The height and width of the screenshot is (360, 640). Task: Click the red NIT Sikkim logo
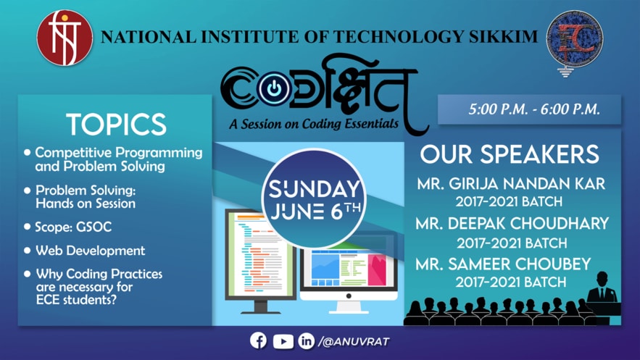65,38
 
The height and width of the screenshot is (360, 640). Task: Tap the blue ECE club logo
575,41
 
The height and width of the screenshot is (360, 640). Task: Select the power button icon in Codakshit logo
274,87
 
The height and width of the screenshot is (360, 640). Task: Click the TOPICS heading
117,124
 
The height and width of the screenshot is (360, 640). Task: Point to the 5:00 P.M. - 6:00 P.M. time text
534,109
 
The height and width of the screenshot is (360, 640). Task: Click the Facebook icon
258,340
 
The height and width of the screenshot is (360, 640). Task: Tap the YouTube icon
283,341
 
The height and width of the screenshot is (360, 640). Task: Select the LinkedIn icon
306,341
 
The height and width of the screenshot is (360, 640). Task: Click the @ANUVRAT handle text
354,342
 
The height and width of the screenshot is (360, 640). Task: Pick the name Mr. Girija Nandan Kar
511,184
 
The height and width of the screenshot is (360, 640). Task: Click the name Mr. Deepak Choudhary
512,223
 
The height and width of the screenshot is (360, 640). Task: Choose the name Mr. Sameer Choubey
503,264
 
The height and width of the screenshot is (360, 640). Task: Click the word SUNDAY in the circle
314,189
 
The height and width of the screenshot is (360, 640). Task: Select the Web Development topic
90,251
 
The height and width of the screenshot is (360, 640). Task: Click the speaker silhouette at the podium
602,289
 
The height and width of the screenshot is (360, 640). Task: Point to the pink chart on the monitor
377,269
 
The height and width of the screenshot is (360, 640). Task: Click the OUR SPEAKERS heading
510,154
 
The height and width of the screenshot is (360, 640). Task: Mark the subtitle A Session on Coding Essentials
314,124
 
